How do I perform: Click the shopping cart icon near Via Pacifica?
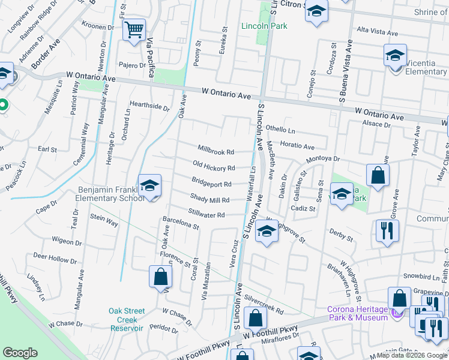pos(134,29)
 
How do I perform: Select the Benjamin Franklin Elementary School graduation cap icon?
pos(149,186)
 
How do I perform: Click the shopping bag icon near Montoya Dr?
pos(378,176)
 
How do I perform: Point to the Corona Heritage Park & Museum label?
pos(357,313)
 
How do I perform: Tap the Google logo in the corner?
pos(20,352)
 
